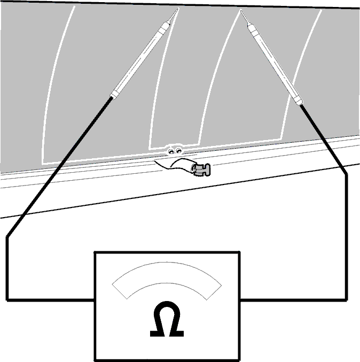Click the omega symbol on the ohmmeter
click(167, 319)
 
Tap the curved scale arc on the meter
click(167, 272)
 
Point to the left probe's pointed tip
click(178, 9)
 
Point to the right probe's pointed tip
click(241, 10)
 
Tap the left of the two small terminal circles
click(171, 151)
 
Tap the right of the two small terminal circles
click(178, 151)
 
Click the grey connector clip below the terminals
click(201, 170)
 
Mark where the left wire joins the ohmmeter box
click(95, 300)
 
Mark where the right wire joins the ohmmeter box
click(240, 300)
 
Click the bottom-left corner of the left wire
click(7, 300)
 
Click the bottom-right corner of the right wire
click(346, 300)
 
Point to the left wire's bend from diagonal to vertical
click(7, 237)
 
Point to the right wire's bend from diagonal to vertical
click(346, 174)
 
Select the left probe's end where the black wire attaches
click(112, 97)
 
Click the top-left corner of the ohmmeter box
click(95, 252)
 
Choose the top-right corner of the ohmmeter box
click(240, 252)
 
